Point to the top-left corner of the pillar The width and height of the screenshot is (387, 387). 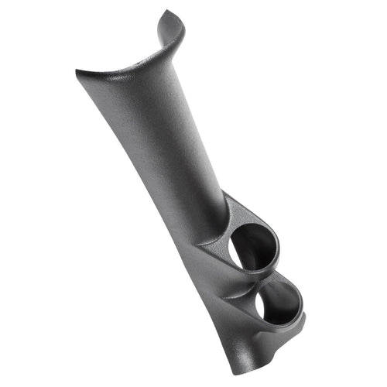pyautogui.click(x=77, y=72)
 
